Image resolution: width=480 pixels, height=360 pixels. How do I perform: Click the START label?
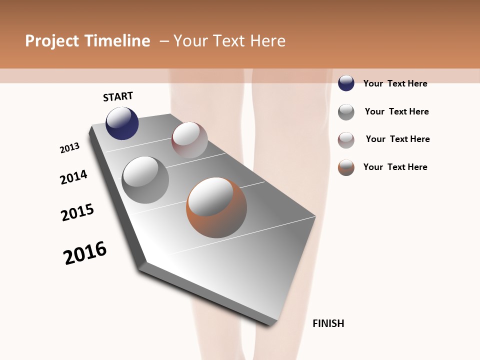pos(118,96)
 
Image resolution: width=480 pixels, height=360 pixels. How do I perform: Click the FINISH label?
pos(328,323)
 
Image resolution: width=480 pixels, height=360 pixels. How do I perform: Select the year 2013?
pos(70,148)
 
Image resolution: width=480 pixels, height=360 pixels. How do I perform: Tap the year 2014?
pos(74,177)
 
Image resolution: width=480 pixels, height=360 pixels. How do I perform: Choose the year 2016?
pos(85,253)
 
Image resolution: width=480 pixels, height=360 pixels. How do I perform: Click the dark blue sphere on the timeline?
pos(122,123)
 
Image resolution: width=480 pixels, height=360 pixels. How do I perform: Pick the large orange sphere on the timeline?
pos(216,207)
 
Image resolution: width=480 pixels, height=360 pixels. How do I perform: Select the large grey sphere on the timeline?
pos(145,180)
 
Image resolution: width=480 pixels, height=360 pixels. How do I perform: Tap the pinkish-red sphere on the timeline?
pos(189,140)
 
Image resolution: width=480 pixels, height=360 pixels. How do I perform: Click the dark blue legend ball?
pos(346,83)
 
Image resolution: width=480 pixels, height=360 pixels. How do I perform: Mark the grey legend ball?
pos(346,112)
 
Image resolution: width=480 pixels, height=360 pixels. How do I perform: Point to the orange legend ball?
pos(346,167)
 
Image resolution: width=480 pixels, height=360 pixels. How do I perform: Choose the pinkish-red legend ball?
pos(346,140)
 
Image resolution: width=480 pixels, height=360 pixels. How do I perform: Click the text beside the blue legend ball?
pos(395,83)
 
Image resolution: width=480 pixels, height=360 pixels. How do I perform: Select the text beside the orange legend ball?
pos(395,167)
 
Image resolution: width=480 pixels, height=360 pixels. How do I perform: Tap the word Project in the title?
pos(51,41)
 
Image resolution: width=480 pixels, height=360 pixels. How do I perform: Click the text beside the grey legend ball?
pos(396,111)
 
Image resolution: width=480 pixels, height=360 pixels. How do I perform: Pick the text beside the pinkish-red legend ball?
pos(397,139)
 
